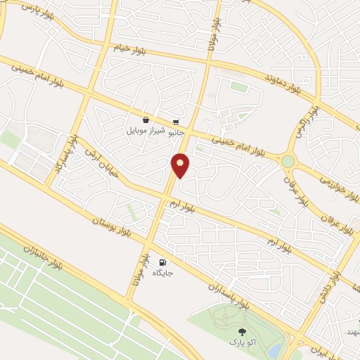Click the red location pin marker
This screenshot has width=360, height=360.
(181, 165)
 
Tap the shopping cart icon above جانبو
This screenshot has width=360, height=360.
(174, 122)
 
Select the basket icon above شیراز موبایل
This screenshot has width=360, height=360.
(146, 120)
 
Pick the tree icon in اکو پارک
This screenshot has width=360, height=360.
(243, 331)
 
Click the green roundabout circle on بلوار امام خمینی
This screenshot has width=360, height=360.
(288, 162)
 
